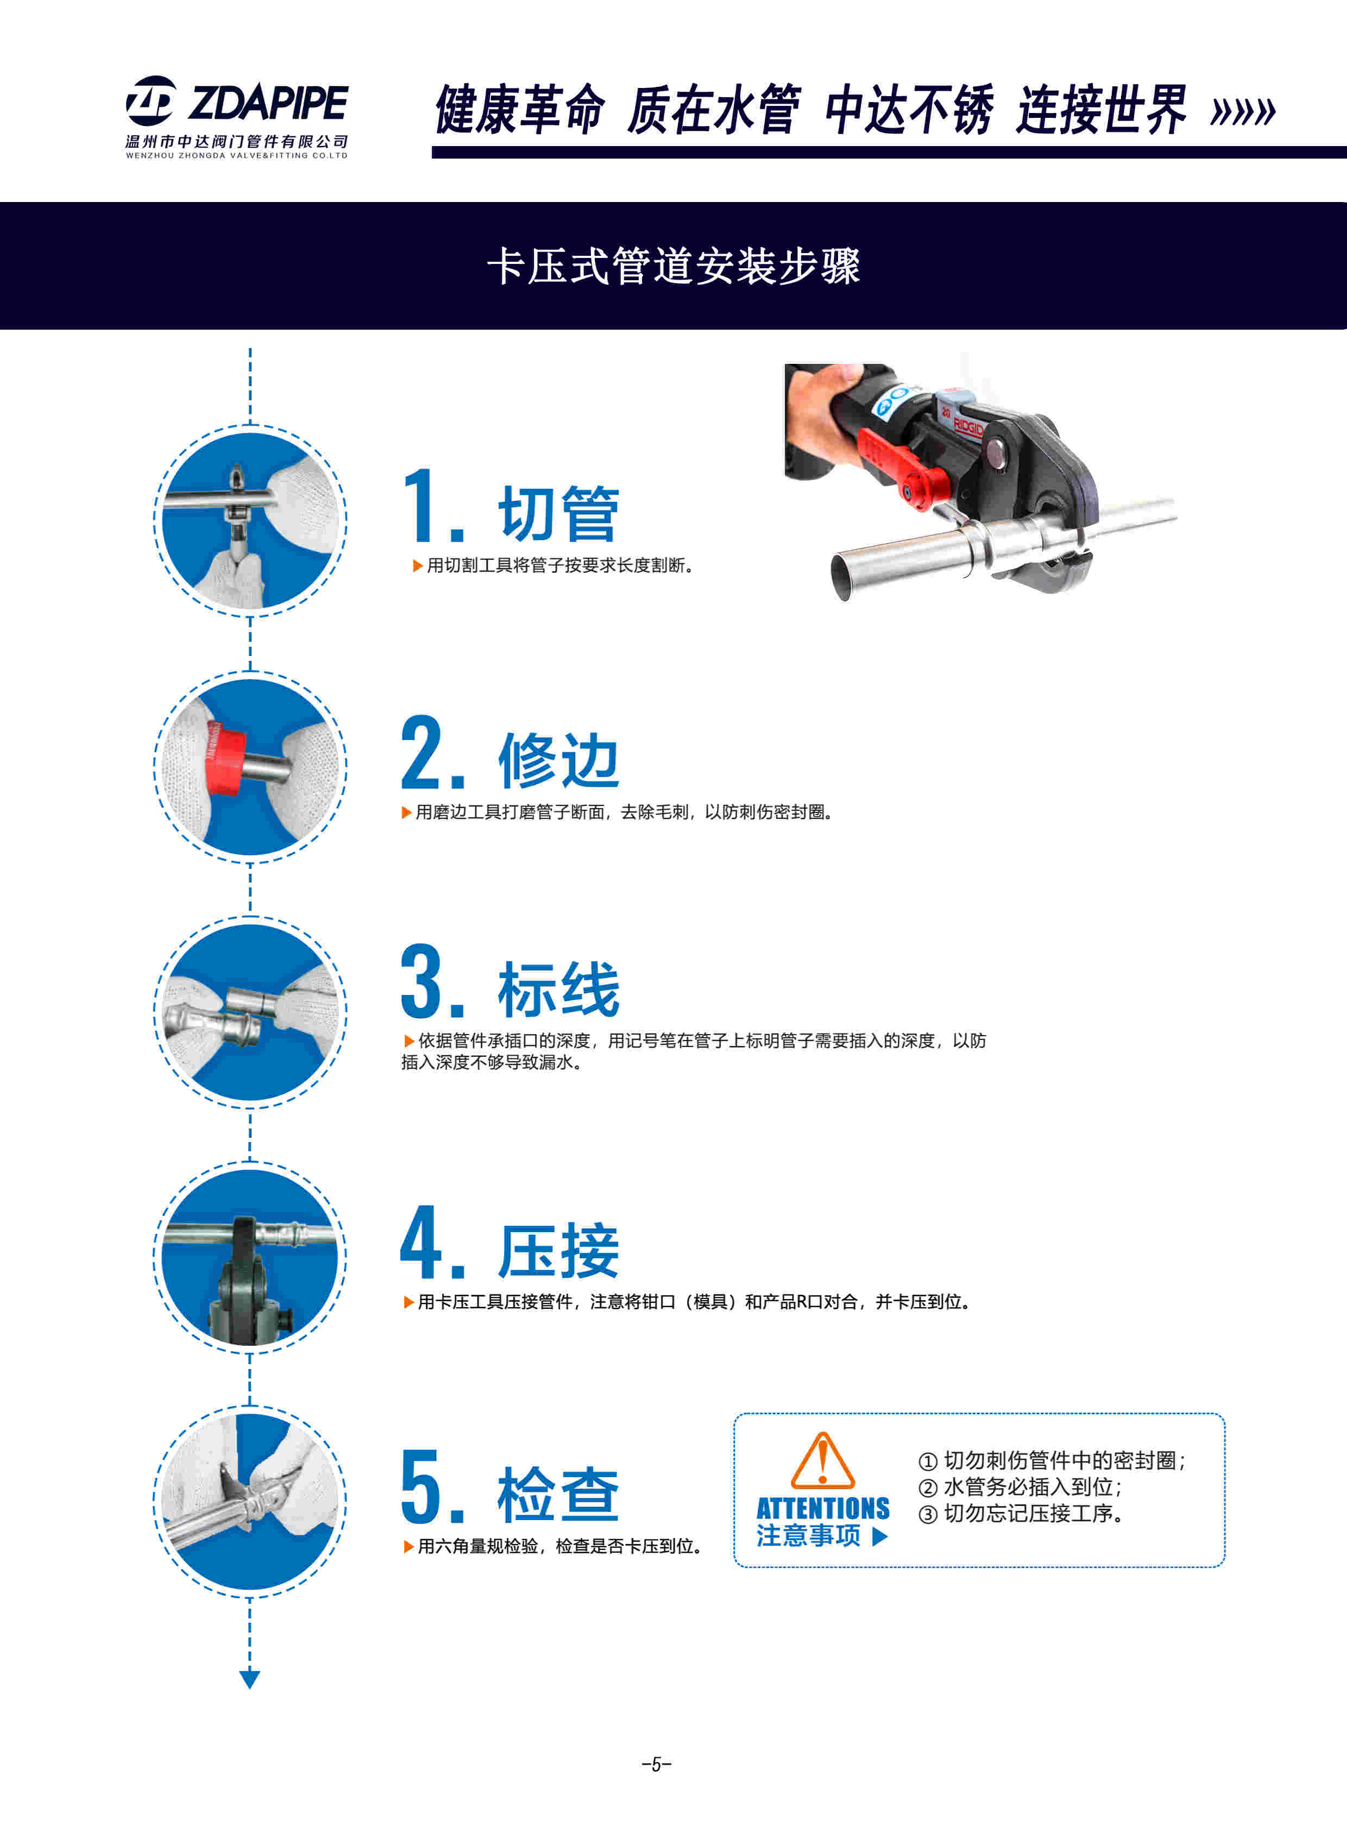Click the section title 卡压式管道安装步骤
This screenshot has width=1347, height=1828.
pos(673,267)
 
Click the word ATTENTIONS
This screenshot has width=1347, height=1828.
pos(823,1508)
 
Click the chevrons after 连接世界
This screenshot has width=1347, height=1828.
pos(1243,112)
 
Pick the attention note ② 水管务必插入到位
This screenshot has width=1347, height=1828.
pos(1020,1487)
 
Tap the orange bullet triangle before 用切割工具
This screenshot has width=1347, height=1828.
pos(418,566)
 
